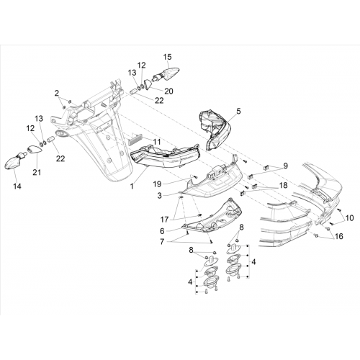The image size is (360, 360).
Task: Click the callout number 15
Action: pyautogui.click(x=168, y=57)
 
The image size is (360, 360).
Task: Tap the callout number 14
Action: pyautogui.click(x=17, y=186)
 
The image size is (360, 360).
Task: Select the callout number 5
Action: pyautogui.click(x=238, y=111)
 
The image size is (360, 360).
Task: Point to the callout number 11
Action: pyautogui.click(x=157, y=142)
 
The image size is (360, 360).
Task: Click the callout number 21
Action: pyautogui.click(x=37, y=172)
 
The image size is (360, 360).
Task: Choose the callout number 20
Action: pyautogui.click(x=168, y=91)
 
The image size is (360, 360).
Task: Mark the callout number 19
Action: pyautogui.click(x=158, y=184)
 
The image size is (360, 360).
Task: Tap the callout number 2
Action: pyautogui.click(x=56, y=93)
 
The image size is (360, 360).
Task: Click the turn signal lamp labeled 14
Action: pyautogui.click(x=15, y=163)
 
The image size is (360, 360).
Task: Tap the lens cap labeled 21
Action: pyautogui.click(x=35, y=150)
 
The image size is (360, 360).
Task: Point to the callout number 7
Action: pyautogui.click(x=162, y=242)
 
